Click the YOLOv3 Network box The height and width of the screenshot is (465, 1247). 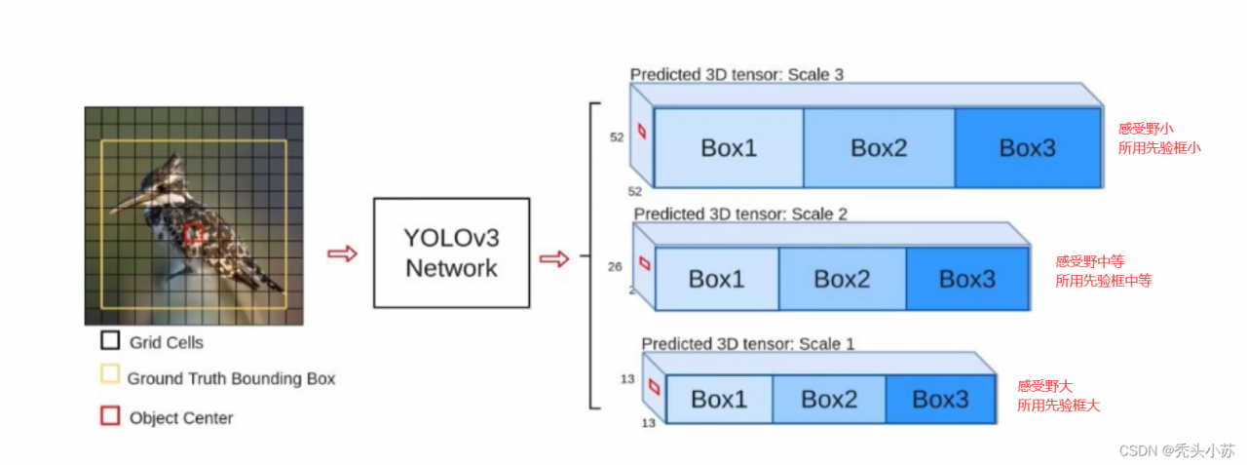coord(451,252)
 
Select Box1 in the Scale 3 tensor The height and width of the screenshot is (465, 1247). coord(729,148)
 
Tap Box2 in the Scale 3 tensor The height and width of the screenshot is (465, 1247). coord(879,148)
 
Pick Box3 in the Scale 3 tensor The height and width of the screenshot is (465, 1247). coord(1028,148)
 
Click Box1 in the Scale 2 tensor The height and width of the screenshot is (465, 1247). coord(716,279)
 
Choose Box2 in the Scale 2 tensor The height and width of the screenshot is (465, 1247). coord(842,279)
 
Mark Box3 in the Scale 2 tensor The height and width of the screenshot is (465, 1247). coord(966,279)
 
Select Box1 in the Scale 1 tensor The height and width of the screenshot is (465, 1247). coord(719,400)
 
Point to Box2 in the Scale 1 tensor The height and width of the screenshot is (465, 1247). coord(829,400)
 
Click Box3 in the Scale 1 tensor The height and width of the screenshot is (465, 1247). coord(940,400)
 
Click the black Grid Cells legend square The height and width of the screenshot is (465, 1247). coord(110,341)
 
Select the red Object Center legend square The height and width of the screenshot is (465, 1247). coord(110,416)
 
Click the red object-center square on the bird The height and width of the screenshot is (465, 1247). coord(195,233)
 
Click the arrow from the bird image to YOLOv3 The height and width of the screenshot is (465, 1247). coord(342,253)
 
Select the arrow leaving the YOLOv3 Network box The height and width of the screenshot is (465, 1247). coord(554,258)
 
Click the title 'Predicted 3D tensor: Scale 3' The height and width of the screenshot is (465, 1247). coord(737,74)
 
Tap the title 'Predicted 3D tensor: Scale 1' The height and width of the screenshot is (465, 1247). coord(747,344)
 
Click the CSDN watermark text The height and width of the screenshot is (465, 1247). coord(1177,450)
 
